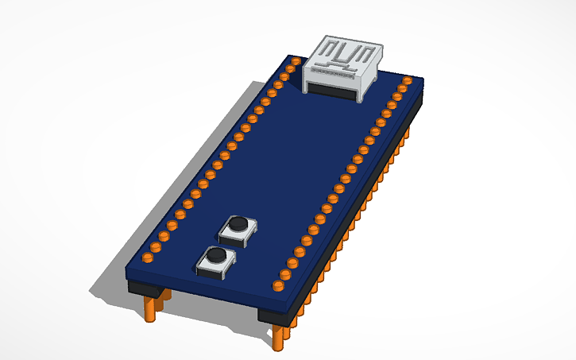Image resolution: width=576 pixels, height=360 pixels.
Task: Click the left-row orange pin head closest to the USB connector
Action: [x=295, y=61]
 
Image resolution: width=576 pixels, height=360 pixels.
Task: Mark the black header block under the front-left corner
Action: [x=147, y=289]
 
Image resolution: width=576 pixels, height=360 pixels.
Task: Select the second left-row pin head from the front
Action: [x=157, y=247]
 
